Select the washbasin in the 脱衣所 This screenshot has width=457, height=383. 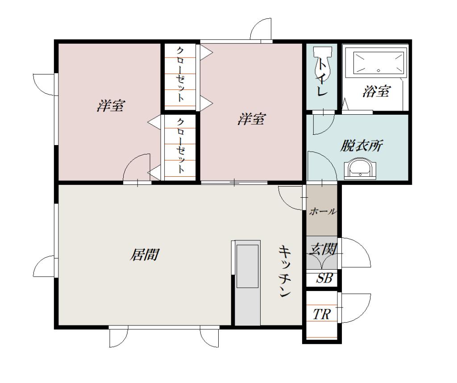(x=360, y=169)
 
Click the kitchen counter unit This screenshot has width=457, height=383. (x=247, y=284)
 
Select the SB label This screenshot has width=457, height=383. (x=324, y=278)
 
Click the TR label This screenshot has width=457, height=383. (x=321, y=314)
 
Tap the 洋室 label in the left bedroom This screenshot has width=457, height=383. (x=111, y=106)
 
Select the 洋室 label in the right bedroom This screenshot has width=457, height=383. (x=252, y=119)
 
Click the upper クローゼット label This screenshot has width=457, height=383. (x=180, y=75)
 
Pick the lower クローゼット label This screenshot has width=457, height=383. (x=180, y=146)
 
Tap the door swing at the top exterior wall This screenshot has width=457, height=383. (x=261, y=29)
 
